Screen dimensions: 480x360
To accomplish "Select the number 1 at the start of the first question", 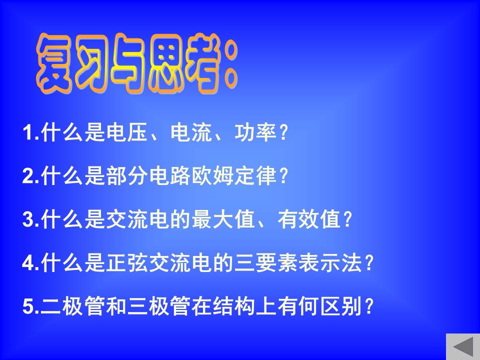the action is [27, 132].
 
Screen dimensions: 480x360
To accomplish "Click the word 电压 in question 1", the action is [127, 132].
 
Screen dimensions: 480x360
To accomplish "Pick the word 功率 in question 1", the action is [256, 132].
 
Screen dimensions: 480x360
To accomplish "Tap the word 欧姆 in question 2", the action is [213, 175].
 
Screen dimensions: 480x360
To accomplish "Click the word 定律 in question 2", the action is [256, 175].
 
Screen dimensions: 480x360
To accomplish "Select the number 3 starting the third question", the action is [27, 219].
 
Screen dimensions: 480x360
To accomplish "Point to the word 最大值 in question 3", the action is [224, 219].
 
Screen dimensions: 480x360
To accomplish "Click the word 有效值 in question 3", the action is [309, 219].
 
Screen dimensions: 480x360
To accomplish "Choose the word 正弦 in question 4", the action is [127, 262].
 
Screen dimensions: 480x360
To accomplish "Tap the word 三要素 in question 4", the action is [266, 262].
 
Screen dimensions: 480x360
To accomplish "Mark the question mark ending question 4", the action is [368, 263].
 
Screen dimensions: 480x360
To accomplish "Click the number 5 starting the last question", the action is [27, 306].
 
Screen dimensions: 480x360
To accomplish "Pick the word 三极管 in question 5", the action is [159, 306].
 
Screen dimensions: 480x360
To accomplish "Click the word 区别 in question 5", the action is [341, 306].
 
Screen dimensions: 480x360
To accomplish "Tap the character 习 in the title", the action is [92, 63].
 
